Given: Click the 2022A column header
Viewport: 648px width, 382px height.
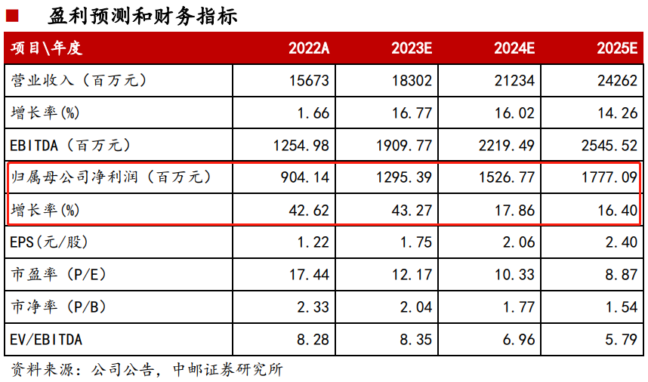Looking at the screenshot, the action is coord(309,48).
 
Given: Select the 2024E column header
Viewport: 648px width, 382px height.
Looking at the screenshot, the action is coord(514,48).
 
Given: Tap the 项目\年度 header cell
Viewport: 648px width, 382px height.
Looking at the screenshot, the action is coord(46,48).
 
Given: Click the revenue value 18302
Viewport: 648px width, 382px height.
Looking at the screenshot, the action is coord(412,80).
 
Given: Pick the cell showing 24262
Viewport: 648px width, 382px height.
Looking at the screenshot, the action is coord(618,80).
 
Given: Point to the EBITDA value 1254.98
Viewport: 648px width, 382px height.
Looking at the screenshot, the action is coord(301,146).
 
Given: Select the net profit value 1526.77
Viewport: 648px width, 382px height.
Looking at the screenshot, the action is coord(507,177).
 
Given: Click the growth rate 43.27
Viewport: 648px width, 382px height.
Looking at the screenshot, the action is coord(412,210).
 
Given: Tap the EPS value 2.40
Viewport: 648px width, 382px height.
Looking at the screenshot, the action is coord(622,242).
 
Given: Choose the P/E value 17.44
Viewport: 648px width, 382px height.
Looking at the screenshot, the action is coord(309,275).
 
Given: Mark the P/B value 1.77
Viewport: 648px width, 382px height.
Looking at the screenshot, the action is coord(519,307).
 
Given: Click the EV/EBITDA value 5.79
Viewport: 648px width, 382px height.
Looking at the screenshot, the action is coord(622,340).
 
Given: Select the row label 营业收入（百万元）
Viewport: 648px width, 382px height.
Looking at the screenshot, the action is coord(79,80).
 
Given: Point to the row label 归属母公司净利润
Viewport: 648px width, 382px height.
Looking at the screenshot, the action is coord(74,177).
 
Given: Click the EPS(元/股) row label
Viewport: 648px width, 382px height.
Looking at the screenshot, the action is coord(49,242).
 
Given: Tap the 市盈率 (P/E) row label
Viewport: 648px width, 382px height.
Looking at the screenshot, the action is coord(59,275).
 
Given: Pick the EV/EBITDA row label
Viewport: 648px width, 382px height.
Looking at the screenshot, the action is coord(46,340).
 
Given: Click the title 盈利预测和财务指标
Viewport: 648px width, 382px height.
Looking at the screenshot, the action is coord(143,17).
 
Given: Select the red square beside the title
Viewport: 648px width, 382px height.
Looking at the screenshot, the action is coord(12,16).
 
